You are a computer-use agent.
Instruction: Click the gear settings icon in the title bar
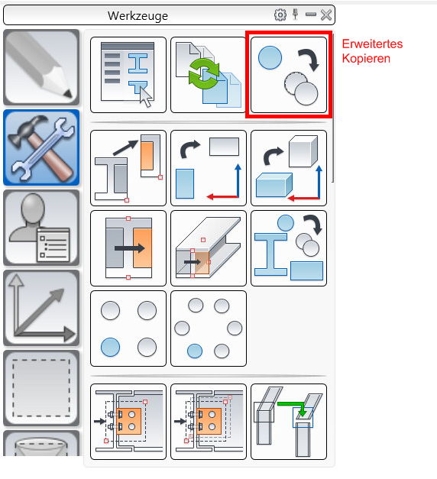click(280, 15)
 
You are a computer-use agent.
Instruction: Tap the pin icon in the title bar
click(295, 15)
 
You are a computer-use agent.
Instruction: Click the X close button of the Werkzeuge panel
click(326, 15)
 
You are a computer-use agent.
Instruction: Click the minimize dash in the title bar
click(311, 14)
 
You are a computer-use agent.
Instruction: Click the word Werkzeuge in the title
click(138, 15)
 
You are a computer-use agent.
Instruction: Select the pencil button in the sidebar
click(41, 67)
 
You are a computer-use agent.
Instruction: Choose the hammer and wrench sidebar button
click(41, 147)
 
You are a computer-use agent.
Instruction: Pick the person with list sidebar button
click(41, 228)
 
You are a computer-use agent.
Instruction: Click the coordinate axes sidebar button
click(41, 308)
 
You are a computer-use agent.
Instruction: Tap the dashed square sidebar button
click(41, 388)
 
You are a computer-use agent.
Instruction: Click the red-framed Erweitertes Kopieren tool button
click(289, 75)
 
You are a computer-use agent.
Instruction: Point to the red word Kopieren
click(366, 58)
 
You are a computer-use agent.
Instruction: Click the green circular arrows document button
click(209, 75)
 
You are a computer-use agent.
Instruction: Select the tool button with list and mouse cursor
click(128, 75)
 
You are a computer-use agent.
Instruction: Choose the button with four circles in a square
click(128, 329)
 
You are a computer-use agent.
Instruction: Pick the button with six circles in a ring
click(209, 329)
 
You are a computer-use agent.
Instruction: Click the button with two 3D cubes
click(289, 168)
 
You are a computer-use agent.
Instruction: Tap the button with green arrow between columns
click(289, 422)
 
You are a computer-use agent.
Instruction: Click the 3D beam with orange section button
click(209, 248)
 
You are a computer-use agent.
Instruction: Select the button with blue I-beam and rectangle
click(289, 248)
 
